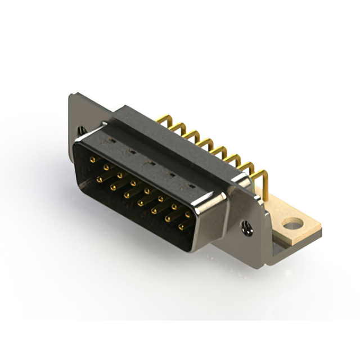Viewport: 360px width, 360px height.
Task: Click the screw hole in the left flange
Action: point(82,130)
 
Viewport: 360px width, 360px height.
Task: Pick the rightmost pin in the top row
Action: point(188,214)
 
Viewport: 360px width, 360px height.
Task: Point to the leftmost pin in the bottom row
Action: point(99,179)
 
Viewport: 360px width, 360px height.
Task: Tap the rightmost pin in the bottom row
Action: point(181,227)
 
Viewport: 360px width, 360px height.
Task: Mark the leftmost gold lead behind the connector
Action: point(163,119)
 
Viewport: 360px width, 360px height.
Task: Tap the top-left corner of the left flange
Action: point(72,96)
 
